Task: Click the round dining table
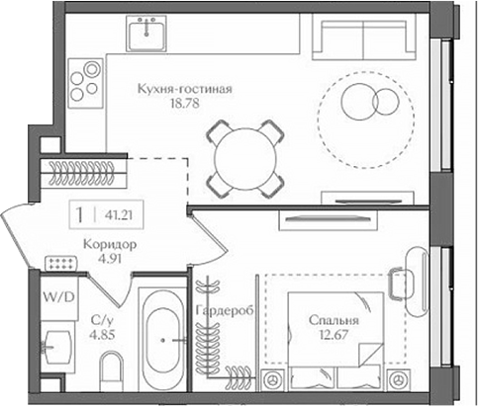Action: [243, 155]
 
